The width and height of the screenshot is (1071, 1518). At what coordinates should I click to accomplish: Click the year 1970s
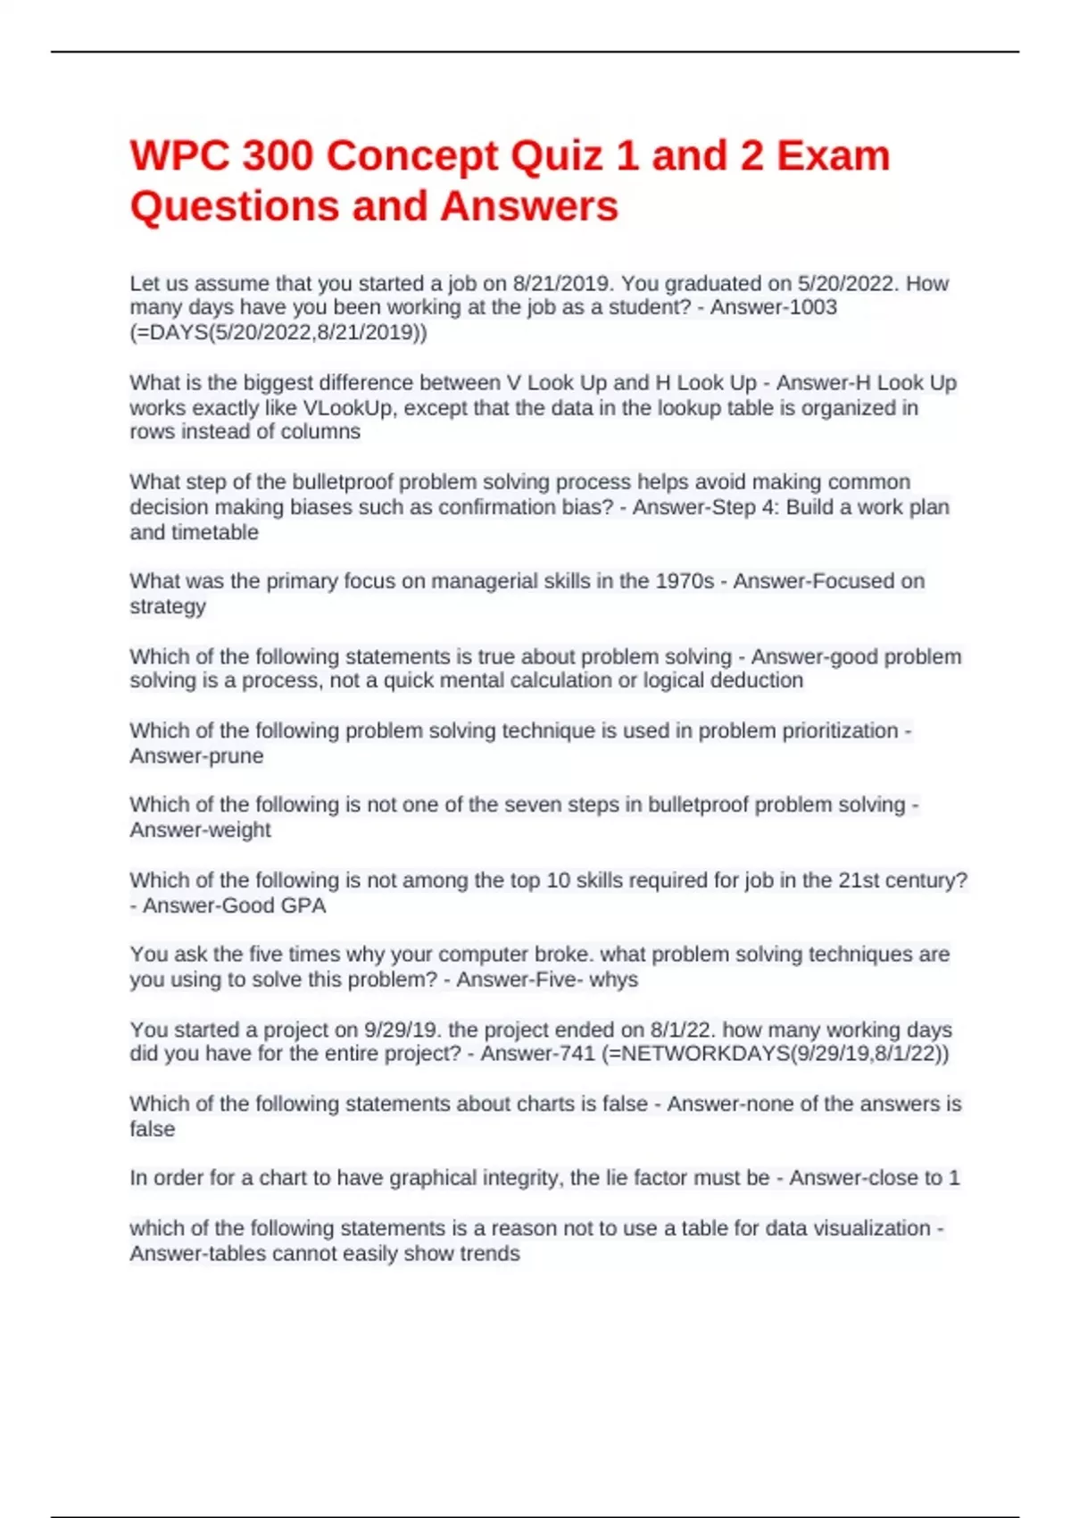(x=685, y=581)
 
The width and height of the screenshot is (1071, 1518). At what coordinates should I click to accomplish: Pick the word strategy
(x=168, y=606)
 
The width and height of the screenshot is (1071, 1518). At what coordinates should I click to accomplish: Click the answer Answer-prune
(x=196, y=756)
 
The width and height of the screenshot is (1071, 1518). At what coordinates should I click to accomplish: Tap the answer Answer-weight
(x=200, y=830)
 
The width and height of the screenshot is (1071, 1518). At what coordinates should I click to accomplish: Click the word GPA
(x=303, y=905)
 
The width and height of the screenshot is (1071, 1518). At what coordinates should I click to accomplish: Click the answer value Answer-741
(x=537, y=1054)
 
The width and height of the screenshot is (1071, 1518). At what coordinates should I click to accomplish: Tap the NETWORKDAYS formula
(x=776, y=1054)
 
